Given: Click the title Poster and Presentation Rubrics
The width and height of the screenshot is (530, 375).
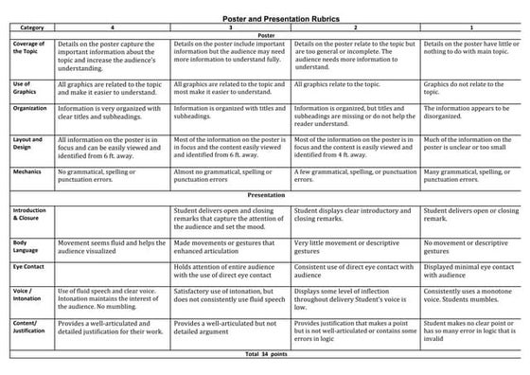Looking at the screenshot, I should (x=264, y=18).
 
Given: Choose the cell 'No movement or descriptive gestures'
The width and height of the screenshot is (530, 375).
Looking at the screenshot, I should (x=469, y=248).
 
